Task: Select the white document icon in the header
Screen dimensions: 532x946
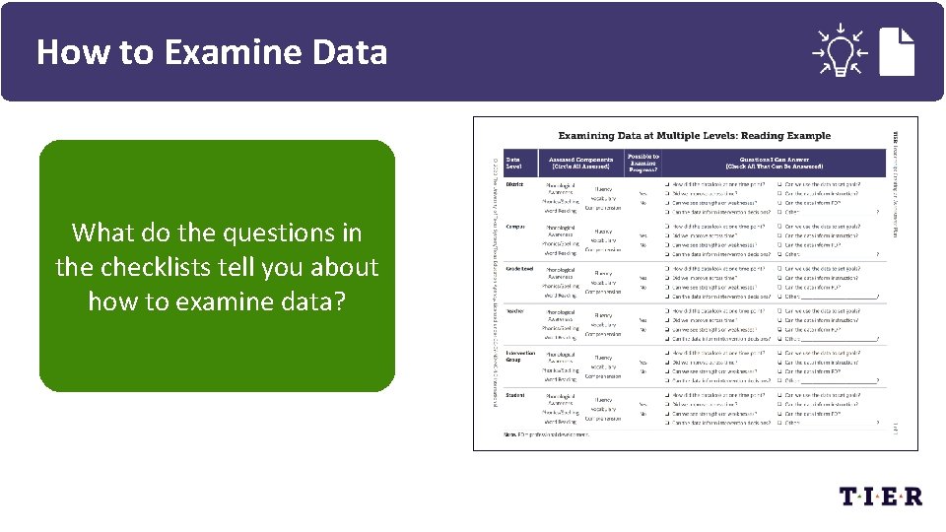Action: pos(899,50)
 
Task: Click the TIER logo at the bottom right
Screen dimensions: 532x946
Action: pos(880,496)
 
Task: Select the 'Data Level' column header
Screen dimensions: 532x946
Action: pos(516,162)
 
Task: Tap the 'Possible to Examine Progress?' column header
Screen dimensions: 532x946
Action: pos(642,162)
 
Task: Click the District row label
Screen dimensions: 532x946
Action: pos(514,184)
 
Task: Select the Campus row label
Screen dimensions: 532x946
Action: pos(515,227)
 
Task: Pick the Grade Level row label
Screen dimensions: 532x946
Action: pos(520,269)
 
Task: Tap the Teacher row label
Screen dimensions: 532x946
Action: pos(515,311)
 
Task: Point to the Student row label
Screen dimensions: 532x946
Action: pos(515,395)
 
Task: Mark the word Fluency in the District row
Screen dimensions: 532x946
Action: pos(603,188)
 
